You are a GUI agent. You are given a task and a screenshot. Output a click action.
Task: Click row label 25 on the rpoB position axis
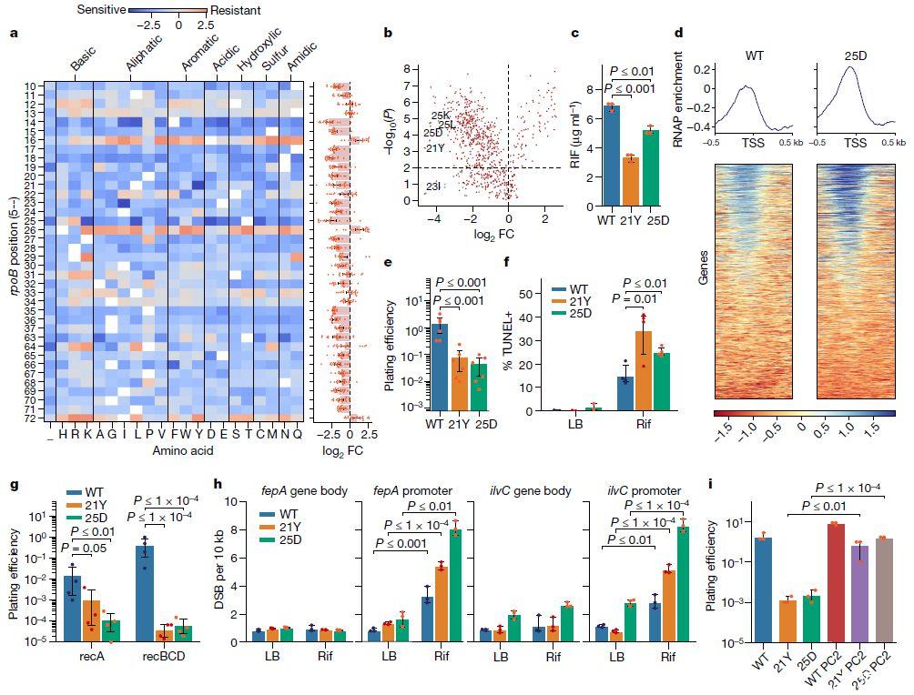tap(31, 221)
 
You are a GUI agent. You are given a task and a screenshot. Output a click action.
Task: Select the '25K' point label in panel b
tap(441, 116)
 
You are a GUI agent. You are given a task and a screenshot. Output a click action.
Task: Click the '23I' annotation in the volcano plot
tap(435, 186)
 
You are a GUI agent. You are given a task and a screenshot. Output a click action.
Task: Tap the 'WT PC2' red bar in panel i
tap(807, 582)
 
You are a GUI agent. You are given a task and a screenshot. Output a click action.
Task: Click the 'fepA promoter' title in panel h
tap(414, 491)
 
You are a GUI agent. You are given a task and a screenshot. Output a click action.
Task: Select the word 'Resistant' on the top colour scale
tap(236, 11)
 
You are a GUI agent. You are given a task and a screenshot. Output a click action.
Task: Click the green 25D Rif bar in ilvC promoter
tap(682, 583)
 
